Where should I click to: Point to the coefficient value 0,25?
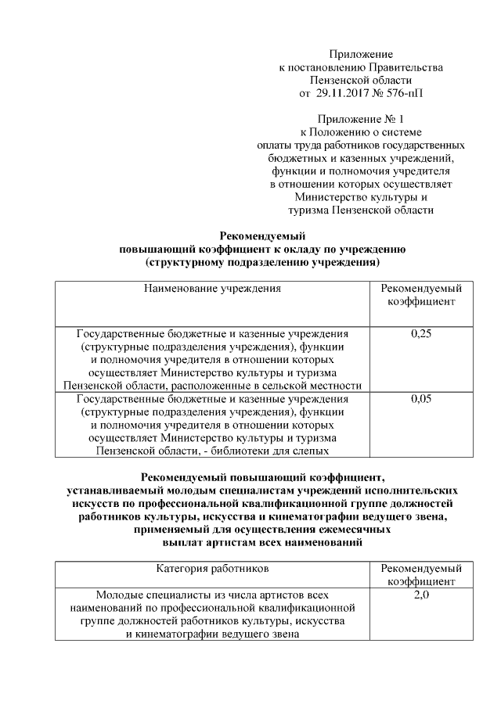[421, 334]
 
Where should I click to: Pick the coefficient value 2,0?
[421, 595]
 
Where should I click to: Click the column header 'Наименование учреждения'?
[212, 289]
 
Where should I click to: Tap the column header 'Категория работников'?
[212, 569]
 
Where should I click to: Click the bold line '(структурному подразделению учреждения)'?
[262, 262]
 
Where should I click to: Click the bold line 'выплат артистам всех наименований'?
[262, 541]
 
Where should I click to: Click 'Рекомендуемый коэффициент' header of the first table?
[421, 295]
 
